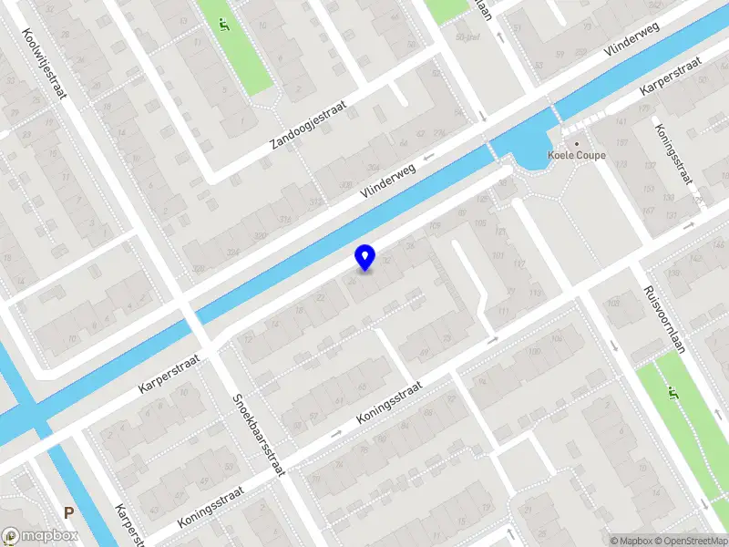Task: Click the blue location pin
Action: point(364,257)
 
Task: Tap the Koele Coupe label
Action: point(572,155)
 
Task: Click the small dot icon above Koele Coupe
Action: point(576,143)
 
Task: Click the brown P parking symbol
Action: point(69,513)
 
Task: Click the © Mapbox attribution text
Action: point(631,541)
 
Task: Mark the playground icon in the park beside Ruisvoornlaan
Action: point(673,394)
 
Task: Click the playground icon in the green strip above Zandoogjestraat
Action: point(223,25)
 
